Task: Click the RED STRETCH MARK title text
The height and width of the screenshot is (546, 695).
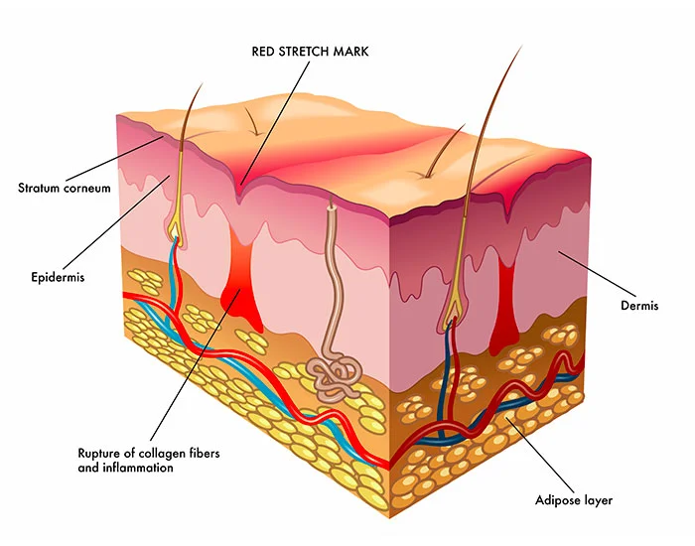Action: tap(310, 52)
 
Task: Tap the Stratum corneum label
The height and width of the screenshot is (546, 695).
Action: tap(65, 188)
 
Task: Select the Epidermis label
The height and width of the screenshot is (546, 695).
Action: tap(58, 277)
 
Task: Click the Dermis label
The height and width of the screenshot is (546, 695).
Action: tap(639, 306)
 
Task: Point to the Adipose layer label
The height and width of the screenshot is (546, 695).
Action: tap(574, 500)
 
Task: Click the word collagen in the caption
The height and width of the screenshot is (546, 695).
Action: tap(161, 454)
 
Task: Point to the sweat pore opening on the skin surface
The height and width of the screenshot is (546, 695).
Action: tap(331, 205)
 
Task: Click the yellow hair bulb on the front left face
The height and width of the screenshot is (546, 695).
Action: tap(176, 229)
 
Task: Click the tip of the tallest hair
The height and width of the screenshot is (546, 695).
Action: tap(522, 46)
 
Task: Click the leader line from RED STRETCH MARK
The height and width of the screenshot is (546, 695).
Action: tap(275, 122)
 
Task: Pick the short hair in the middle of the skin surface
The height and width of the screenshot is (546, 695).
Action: tap(252, 120)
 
